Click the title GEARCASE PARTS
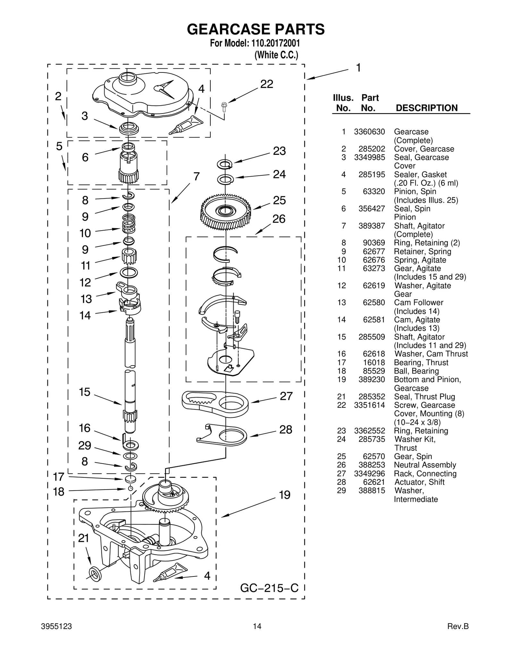pyautogui.click(x=256, y=29)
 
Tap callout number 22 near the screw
pyautogui.click(x=266, y=84)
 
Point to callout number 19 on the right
pyautogui.click(x=284, y=495)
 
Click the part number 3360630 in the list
pyautogui.click(x=369, y=132)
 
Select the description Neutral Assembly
pyautogui.click(x=425, y=465)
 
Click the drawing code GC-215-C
pyautogui.click(x=269, y=588)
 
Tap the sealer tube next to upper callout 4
pyautogui.click(x=187, y=125)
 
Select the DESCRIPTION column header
pyautogui.click(x=426, y=108)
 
